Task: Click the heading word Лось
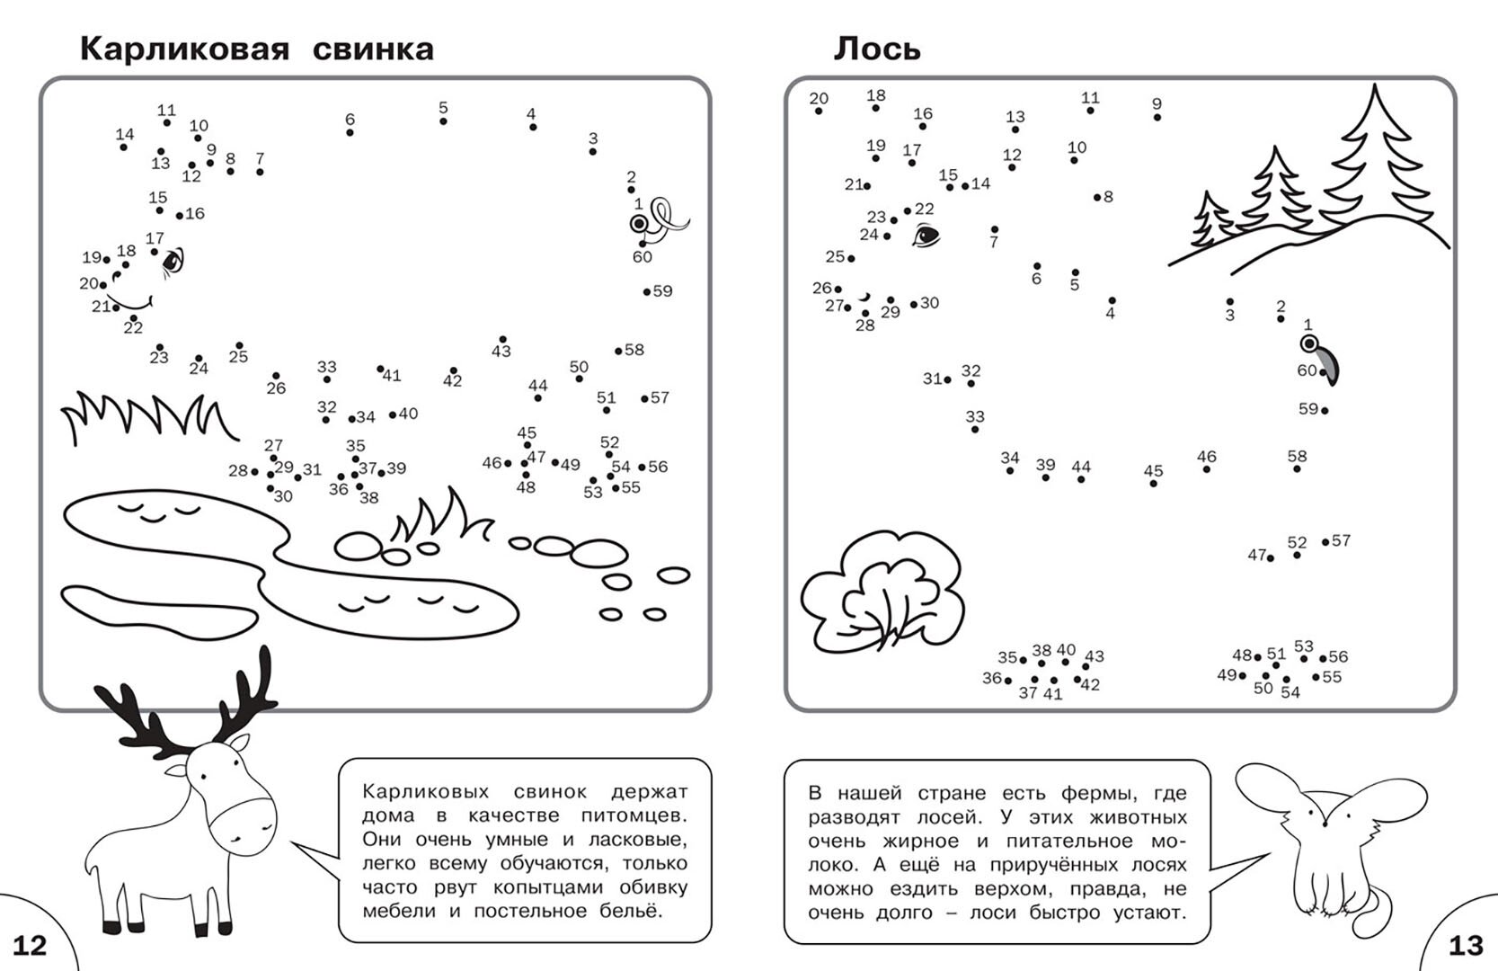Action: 876,49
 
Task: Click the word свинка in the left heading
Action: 373,49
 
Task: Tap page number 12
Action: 29,945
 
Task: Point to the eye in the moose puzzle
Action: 926,236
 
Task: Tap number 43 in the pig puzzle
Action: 501,351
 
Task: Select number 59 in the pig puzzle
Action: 662,291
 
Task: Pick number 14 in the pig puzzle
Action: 124,135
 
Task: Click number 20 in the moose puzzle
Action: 818,99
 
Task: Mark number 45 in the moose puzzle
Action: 1153,471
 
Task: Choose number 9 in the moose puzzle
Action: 1157,104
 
